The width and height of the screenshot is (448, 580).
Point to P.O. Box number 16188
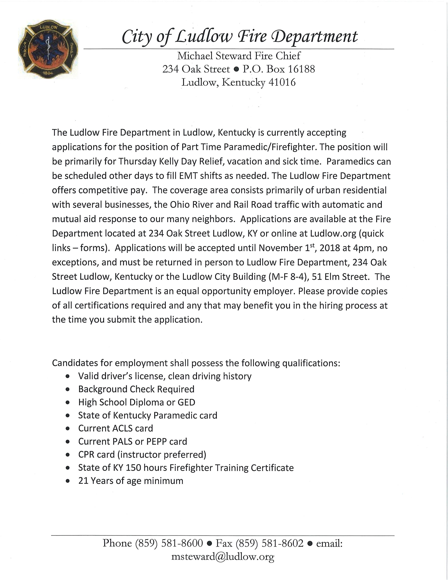coord(301,69)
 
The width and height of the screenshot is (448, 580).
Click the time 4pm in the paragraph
coord(363,248)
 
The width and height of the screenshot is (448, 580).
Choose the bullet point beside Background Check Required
coord(68,390)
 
